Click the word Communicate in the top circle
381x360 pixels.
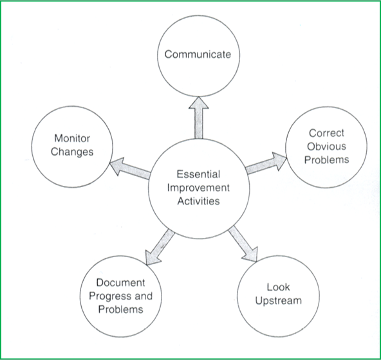tap(197, 54)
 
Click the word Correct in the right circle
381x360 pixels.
tap(326, 134)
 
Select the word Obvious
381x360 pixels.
tap(326, 146)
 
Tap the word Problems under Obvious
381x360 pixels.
tap(326, 159)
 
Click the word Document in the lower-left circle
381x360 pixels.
tap(120, 283)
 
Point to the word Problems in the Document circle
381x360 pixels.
tap(120, 309)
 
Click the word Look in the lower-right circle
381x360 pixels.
tap(278, 287)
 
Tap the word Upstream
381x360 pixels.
tap(278, 300)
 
